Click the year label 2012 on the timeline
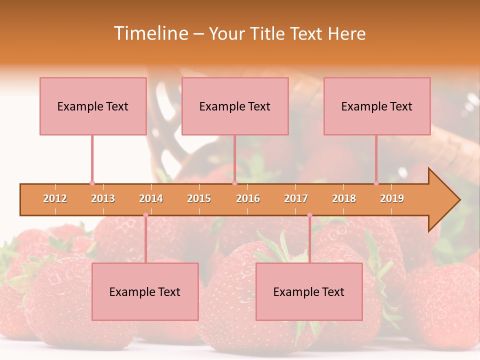[55, 198]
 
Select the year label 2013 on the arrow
[103, 198]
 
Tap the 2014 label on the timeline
[151, 198]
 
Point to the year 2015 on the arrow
[199, 198]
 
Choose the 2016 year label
[248, 198]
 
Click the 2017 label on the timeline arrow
[296, 198]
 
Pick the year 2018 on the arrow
[344, 198]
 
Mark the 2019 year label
[392, 198]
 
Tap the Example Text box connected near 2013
[93, 106]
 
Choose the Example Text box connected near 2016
[235, 106]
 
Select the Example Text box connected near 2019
[377, 106]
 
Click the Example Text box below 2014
[145, 291]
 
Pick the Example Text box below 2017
[309, 291]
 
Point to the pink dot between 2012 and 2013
[92, 183]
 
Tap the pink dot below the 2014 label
[145, 215]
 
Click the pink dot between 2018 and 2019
[376, 183]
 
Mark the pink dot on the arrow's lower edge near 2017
[309, 215]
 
